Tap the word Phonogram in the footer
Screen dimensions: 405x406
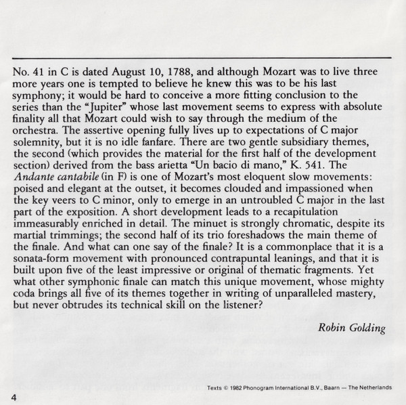tap(274, 387)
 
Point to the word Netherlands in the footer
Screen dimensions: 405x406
tap(374, 387)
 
